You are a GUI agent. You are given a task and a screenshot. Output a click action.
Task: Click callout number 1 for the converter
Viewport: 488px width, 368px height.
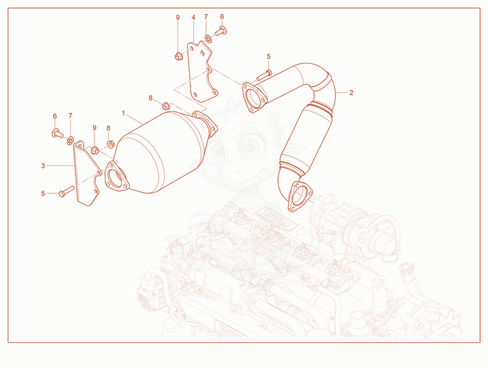click(x=123, y=114)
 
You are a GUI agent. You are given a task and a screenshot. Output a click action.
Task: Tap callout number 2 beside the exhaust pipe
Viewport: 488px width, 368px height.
click(x=351, y=93)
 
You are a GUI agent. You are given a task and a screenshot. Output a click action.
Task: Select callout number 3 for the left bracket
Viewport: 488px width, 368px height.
click(x=43, y=165)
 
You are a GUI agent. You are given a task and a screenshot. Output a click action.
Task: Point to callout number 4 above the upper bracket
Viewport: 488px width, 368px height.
click(x=193, y=18)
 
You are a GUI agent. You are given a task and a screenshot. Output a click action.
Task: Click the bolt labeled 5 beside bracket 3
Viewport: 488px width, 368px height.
click(x=66, y=191)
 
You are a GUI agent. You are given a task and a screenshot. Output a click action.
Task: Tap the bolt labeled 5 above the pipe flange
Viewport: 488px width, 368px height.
click(x=264, y=75)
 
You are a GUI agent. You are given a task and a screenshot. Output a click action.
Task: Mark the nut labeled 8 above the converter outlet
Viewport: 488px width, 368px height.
click(x=166, y=106)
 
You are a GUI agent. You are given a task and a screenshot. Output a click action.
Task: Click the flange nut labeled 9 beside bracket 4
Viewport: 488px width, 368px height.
click(x=178, y=57)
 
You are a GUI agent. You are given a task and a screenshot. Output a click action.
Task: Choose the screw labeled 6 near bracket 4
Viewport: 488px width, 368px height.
click(x=221, y=31)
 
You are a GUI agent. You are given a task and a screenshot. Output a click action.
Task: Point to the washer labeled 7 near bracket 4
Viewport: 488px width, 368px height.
click(x=208, y=39)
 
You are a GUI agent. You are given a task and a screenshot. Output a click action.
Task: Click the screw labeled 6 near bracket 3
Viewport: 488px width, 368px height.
click(x=57, y=133)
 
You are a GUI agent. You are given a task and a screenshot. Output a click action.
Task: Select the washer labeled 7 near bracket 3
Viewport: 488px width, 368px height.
click(x=70, y=141)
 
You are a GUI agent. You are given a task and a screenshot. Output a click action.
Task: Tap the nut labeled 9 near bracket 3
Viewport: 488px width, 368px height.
click(x=95, y=151)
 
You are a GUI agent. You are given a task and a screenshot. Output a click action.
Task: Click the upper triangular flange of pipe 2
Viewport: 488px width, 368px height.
click(x=254, y=97)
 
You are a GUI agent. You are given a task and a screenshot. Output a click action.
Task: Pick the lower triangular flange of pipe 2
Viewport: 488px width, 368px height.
click(x=300, y=197)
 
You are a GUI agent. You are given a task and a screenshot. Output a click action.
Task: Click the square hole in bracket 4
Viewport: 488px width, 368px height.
click(x=203, y=52)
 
